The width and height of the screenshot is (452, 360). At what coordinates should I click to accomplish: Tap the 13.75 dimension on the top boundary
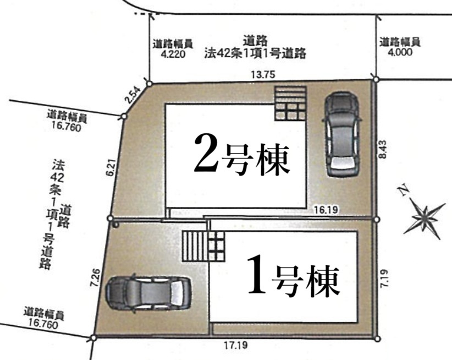pos(263,75)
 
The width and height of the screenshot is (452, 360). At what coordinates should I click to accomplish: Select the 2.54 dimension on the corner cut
pos(133,95)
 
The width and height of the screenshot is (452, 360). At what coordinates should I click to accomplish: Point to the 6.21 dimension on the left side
pos(111,168)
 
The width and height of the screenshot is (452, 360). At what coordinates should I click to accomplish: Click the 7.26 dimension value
pos(95,277)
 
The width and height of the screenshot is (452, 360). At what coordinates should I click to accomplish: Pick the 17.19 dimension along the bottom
pos(236,345)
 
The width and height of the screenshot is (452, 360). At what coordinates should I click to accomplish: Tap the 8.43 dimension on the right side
pos(383,149)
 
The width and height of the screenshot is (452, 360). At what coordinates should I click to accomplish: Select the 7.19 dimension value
pos(384,278)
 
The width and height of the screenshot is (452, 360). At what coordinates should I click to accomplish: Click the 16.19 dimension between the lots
pos(326,210)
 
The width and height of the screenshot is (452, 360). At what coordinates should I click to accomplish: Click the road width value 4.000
pos(400,52)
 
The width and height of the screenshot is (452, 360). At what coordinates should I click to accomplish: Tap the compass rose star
pos(425,218)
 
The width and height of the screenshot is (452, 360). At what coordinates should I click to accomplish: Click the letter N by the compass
pos(404,190)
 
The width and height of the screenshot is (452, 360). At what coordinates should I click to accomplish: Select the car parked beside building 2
pos(342,134)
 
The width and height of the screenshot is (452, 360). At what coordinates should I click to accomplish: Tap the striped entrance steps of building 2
pos(290,103)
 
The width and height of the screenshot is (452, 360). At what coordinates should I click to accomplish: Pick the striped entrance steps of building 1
pos(203,246)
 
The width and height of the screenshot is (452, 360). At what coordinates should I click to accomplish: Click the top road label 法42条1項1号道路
pos(255,53)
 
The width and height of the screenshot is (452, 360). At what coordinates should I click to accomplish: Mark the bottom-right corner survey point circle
pos(378,339)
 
